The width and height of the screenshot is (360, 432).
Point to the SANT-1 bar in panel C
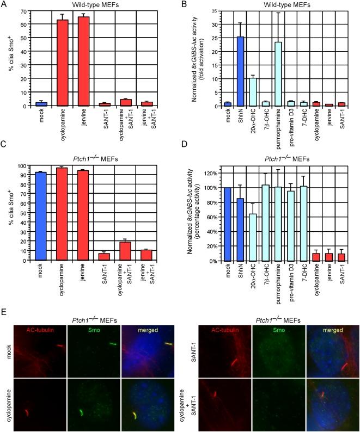[x=105, y=256]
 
